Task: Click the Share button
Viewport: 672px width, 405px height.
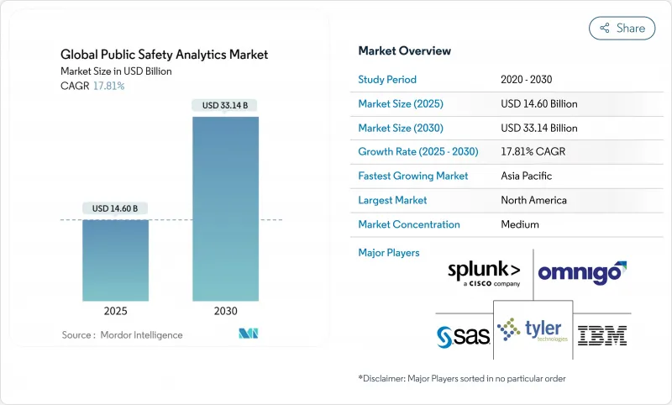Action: pos(622,28)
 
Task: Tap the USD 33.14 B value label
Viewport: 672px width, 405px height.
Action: pos(226,105)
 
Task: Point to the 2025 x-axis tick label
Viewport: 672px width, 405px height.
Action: pos(115,311)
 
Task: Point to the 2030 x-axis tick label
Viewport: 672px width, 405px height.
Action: pos(226,311)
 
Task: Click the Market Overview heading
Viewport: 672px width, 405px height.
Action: pos(404,51)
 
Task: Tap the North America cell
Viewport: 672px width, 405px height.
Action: pos(533,200)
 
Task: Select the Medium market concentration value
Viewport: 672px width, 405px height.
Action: pos(519,224)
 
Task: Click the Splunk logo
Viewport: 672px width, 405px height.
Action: pos(485,274)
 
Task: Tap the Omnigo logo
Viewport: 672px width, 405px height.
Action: pos(582,272)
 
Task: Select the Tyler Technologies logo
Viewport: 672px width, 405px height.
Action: pos(533,331)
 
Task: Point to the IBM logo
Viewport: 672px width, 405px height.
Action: pos(602,335)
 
